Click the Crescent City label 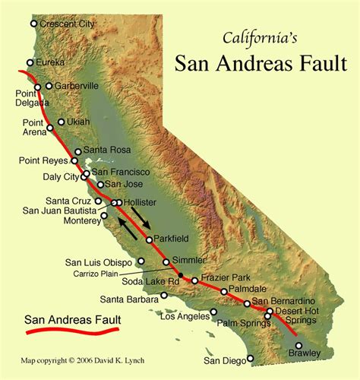coord(68,24)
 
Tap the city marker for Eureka coord(30,62)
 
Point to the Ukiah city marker coord(62,122)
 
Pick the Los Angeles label coord(187,314)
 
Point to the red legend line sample coord(71,331)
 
